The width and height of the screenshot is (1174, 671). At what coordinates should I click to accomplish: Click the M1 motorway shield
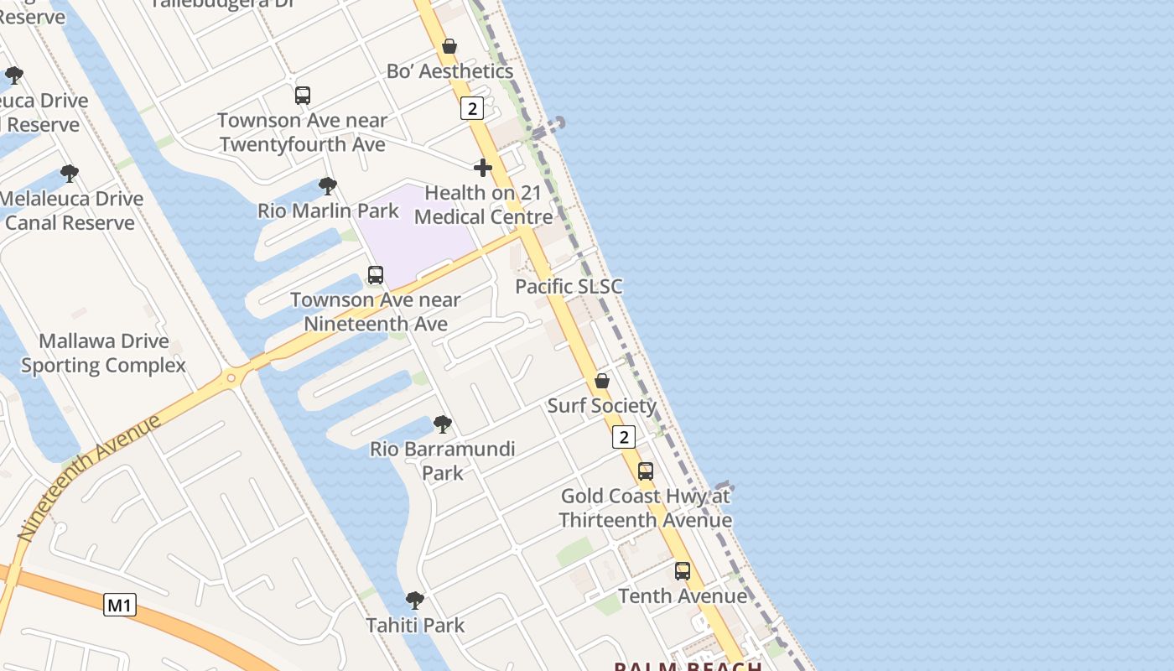pyautogui.click(x=120, y=605)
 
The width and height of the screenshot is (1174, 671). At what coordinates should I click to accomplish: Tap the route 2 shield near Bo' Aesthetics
pyautogui.click(x=472, y=108)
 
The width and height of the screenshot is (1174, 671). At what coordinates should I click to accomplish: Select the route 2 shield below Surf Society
pyautogui.click(x=623, y=437)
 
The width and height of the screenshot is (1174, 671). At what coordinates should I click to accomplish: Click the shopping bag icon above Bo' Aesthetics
pyautogui.click(x=449, y=46)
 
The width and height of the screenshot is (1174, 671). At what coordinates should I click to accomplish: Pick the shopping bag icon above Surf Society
pyautogui.click(x=602, y=381)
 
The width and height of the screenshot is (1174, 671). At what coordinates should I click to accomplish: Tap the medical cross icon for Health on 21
pyautogui.click(x=482, y=168)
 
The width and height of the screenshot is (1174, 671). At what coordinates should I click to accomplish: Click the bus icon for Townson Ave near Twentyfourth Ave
pyautogui.click(x=303, y=96)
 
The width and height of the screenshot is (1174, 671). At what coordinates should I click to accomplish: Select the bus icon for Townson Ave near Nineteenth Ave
pyautogui.click(x=376, y=275)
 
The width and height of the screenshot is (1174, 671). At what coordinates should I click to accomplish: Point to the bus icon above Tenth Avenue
pyautogui.click(x=683, y=571)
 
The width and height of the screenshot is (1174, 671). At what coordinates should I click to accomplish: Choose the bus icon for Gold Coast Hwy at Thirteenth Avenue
pyautogui.click(x=645, y=471)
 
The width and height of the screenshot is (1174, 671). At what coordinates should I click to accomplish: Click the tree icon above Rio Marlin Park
pyautogui.click(x=328, y=185)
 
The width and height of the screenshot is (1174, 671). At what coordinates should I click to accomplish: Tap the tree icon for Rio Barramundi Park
pyautogui.click(x=443, y=424)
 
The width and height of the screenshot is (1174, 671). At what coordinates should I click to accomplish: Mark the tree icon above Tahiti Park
pyautogui.click(x=415, y=601)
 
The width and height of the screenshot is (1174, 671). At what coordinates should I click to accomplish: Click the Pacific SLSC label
pyautogui.click(x=569, y=287)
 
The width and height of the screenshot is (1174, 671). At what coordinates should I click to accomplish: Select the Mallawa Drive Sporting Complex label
pyautogui.click(x=104, y=353)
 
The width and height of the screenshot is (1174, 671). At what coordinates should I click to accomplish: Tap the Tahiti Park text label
pyautogui.click(x=415, y=626)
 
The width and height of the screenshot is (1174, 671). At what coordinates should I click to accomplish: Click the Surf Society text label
pyautogui.click(x=602, y=406)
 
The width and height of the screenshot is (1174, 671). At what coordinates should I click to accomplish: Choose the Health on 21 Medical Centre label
pyautogui.click(x=484, y=205)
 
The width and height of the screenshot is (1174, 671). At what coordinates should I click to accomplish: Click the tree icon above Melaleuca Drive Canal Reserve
pyautogui.click(x=70, y=174)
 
